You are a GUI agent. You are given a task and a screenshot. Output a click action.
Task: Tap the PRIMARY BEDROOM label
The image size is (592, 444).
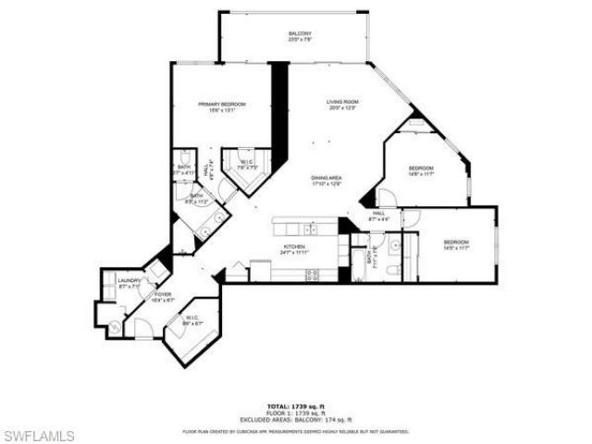[221, 105]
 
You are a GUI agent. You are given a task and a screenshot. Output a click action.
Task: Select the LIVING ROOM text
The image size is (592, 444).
[342, 101]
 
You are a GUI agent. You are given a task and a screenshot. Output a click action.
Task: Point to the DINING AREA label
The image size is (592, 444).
[327, 178]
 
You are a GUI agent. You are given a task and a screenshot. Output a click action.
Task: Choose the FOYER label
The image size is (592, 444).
[163, 294]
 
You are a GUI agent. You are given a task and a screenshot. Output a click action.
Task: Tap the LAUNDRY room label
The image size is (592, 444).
[129, 281]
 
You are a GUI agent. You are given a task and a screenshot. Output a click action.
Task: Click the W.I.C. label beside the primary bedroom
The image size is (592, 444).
[248, 163]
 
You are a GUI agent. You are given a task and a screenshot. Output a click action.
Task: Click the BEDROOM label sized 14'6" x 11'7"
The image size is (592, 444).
[421, 167]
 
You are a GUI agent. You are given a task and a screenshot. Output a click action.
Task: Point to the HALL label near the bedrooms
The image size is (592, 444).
[379, 214]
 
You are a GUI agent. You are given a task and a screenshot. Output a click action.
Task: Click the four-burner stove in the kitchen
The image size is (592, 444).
[312, 274]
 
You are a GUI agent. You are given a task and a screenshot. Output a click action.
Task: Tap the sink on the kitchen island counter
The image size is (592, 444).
[313, 228]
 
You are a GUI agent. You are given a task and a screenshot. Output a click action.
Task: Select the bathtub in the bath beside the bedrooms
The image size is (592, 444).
[359, 258]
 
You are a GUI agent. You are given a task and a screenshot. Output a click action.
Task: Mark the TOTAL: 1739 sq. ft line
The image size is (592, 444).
[296, 406]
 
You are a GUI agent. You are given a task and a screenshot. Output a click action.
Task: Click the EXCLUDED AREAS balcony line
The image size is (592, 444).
[296, 420]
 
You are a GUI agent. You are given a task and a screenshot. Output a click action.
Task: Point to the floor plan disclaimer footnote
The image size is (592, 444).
[296, 430]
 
